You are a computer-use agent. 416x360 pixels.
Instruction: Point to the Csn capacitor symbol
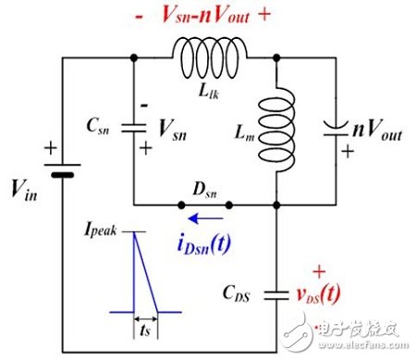point(135,128)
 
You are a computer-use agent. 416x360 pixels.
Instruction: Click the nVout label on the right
point(373,118)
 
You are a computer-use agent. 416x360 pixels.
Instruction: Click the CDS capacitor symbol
point(276,295)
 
